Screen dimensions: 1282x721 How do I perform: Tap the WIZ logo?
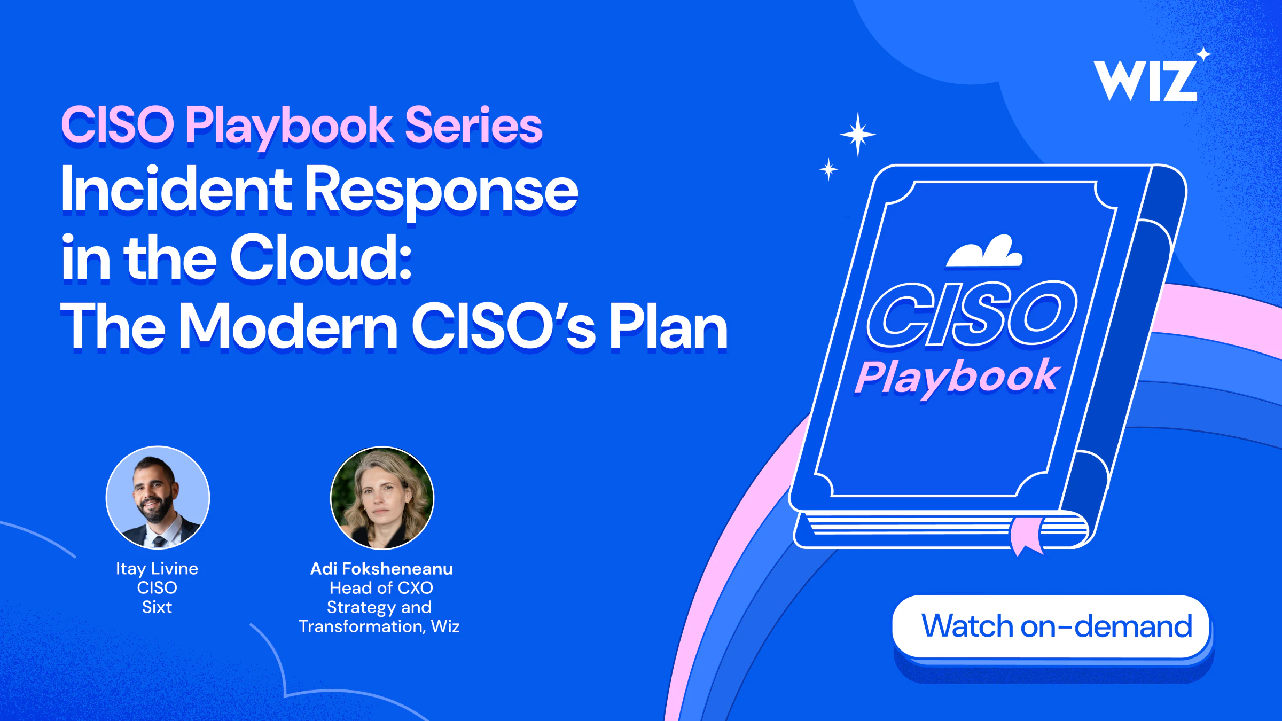1145,80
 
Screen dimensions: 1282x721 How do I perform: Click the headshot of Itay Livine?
158,497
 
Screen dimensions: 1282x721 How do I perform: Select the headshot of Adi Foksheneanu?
382,497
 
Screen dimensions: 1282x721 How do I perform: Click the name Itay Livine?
157,569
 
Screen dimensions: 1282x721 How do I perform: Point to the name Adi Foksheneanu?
381,569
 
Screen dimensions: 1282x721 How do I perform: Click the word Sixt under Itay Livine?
157,607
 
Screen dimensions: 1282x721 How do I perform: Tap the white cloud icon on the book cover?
984,250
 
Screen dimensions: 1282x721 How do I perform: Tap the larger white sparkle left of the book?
858,134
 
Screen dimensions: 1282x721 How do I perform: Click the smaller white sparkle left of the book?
828,169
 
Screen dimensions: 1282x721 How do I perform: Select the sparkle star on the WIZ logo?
1203,54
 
